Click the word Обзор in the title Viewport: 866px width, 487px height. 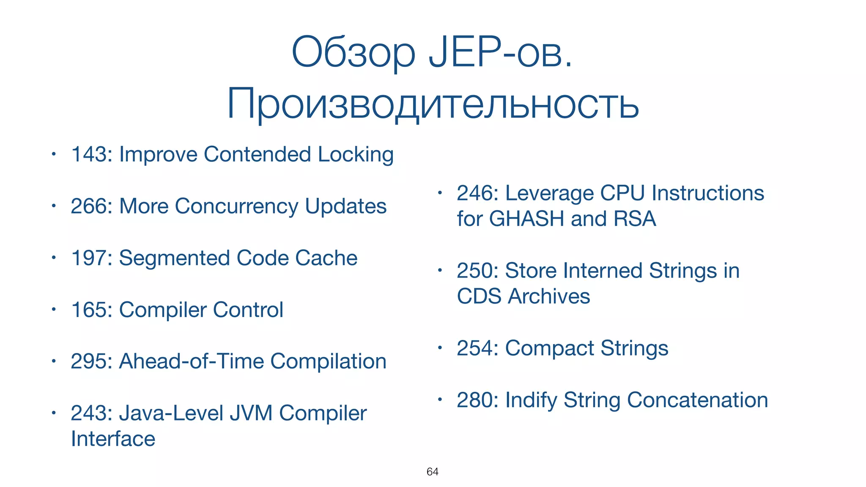354,52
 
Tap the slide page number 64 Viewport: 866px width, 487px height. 432,472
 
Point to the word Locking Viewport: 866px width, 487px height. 356,155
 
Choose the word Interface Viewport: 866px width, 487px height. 113,439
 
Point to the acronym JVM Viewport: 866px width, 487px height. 251,413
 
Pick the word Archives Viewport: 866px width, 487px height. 549,296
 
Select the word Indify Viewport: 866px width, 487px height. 531,400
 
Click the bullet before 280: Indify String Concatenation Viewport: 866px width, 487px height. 440,399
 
